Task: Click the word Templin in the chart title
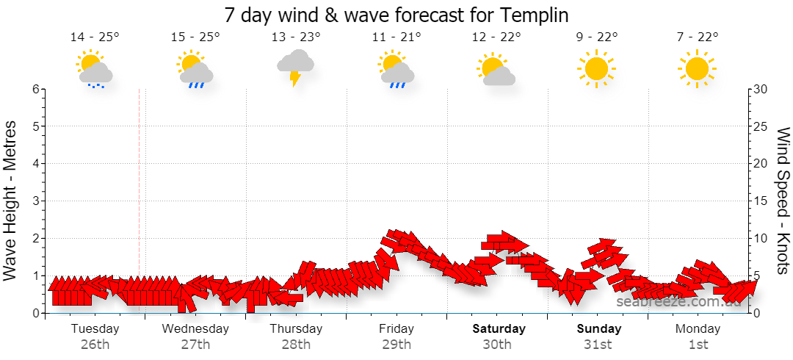pyautogui.click(x=535, y=15)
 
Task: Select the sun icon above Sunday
pyautogui.click(x=596, y=68)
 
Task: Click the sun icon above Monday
pyautogui.click(x=697, y=68)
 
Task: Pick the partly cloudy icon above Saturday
pyautogui.click(x=496, y=69)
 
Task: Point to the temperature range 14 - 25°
pyautogui.click(x=95, y=37)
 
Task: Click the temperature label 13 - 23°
pyautogui.click(x=296, y=37)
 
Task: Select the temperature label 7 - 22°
pyautogui.click(x=698, y=37)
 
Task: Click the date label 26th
pyautogui.click(x=95, y=345)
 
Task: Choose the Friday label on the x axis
pyautogui.click(x=396, y=329)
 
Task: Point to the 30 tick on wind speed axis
pyautogui.click(x=761, y=89)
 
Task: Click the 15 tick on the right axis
pyautogui.click(x=761, y=201)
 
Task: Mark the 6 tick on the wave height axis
pyautogui.click(x=36, y=89)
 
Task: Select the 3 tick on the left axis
pyautogui.click(x=36, y=201)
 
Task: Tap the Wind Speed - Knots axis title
pyautogui.click(x=782, y=201)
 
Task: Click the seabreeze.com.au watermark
pyautogui.click(x=678, y=302)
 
